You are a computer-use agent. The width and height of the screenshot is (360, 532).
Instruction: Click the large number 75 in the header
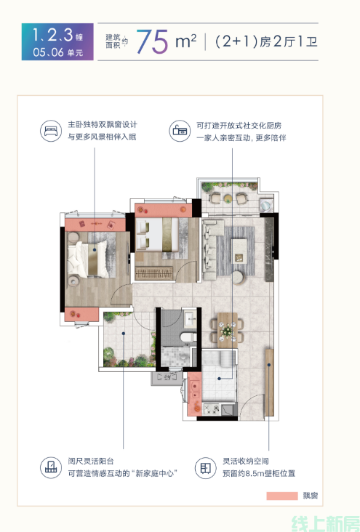click(x=153, y=41)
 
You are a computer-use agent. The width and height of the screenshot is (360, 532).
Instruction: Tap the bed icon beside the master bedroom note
click(x=51, y=131)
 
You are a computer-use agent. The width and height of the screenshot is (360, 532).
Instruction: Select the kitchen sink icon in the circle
click(x=180, y=131)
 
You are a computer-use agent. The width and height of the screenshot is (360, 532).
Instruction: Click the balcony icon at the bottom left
click(x=51, y=467)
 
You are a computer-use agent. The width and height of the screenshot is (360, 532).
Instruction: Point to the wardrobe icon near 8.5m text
click(x=206, y=468)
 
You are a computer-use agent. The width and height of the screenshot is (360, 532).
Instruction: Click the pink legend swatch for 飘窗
click(x=282, y=496)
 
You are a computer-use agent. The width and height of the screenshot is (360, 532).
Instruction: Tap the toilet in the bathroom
click(x=188, y=337)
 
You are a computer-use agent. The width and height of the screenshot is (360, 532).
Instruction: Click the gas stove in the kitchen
click(x=212, y=409)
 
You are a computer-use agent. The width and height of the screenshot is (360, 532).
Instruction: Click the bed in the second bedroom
click(x=157, y=235)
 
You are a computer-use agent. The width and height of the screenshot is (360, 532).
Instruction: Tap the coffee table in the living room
click(x=239, y=251)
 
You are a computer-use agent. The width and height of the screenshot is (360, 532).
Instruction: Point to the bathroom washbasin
click(x=190, y=318)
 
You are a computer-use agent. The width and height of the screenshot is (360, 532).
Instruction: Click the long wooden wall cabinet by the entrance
click(x=269, y=382)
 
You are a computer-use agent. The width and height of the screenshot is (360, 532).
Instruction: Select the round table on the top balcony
click(x=228, y=198)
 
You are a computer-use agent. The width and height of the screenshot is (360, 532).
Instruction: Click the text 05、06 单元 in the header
click(x=57, y=52)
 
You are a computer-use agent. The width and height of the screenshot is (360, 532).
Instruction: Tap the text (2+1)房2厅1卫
click(x=266, y=41)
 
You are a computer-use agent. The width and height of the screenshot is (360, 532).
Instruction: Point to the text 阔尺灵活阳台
click(x=91, y=461)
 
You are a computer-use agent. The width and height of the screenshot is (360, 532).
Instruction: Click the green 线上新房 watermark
click(x=325, y=523)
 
